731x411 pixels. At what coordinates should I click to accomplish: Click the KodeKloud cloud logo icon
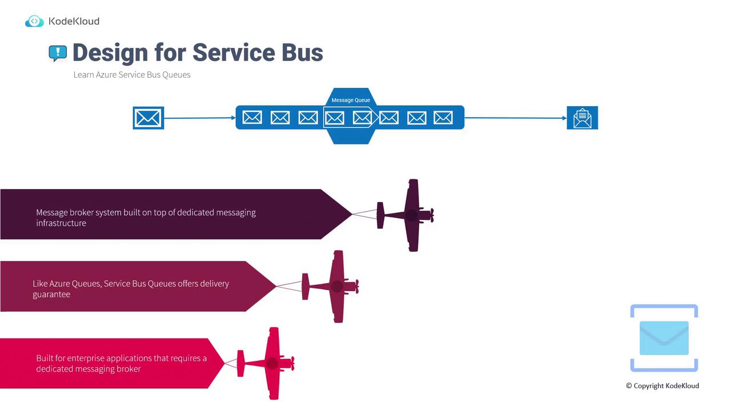(34, 22)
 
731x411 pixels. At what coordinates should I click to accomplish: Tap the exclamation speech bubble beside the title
(58, 53)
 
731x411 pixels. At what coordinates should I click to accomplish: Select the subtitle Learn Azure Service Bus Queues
(132, 75)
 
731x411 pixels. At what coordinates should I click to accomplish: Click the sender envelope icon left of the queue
(148, 118)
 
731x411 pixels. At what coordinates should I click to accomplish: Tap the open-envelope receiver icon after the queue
(582, 118)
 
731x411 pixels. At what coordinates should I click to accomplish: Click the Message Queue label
(351, 100)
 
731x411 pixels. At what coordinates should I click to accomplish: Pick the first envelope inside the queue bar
(252, 118)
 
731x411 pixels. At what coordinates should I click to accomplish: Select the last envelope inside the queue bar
(443, 118)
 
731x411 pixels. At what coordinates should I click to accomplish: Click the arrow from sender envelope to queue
(199, 118)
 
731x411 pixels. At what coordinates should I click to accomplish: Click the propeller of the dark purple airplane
(431, 215)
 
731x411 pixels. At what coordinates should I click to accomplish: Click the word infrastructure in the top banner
(61, 223)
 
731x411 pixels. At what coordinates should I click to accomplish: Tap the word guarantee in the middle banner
(51, 295)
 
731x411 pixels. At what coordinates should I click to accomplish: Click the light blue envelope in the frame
(664, 338)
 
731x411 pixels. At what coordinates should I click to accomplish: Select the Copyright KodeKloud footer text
(662, 386)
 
